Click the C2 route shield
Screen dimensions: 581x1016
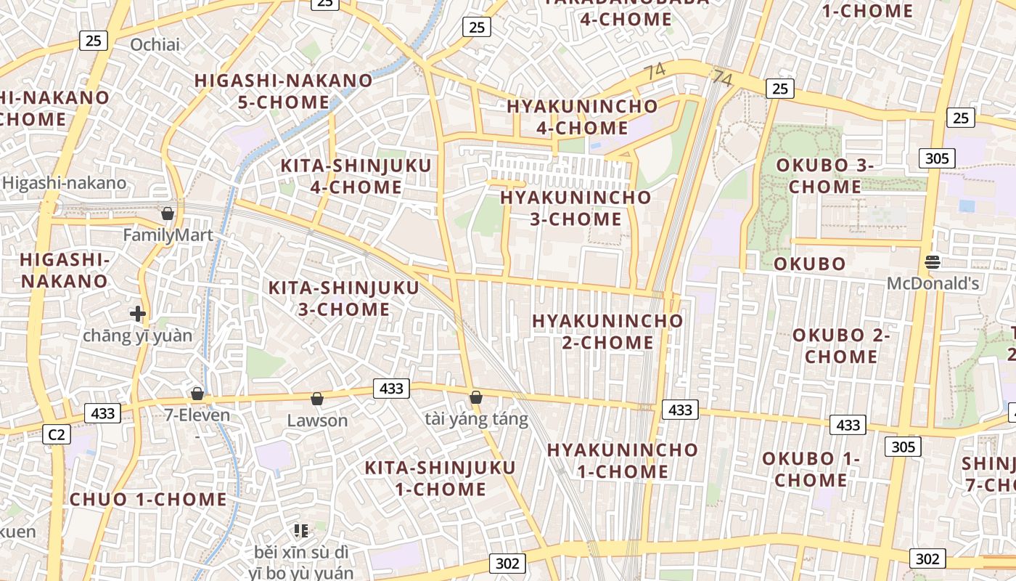coord(56,435)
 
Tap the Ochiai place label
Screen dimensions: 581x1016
coord(155,45)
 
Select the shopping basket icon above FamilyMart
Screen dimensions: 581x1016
coord(168,214)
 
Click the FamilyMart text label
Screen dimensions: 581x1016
coord(168,235)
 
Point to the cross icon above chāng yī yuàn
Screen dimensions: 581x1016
coord(138,314)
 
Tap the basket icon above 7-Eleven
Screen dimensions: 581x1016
coord(197,394)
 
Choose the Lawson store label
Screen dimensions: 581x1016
coord(317,420)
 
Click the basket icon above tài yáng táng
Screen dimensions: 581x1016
coord(476,397)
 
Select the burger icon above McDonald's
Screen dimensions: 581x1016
coord(933,261)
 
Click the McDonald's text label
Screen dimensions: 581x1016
coord(933,283)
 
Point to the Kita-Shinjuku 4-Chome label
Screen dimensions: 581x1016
coord(356,176)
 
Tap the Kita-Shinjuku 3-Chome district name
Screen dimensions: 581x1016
coord(344,298)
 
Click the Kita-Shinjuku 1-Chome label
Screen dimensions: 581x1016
coord(441,478)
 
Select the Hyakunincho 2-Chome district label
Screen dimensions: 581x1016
coord(607,331)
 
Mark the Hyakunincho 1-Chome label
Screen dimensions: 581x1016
coord(623,460)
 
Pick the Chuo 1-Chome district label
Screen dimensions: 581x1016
coord(148,500)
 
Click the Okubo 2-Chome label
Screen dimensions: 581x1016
coord(841,346)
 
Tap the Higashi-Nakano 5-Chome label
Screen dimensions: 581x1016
coord(284,91)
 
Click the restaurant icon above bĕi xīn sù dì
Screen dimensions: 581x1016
coord(301,531)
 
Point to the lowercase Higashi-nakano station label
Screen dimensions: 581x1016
coord(64,183)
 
